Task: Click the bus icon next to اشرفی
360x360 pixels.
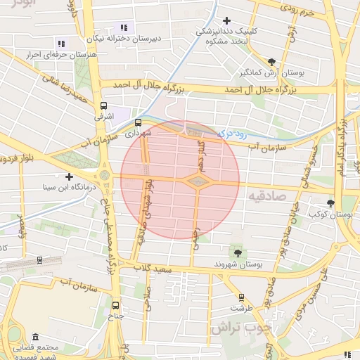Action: click(x=98, y=118)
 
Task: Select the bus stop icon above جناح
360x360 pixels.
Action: click(x=116, y=305)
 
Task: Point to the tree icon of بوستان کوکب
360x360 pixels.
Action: click(x=330, y=203)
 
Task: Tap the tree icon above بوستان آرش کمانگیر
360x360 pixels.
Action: click(x=272, y=63)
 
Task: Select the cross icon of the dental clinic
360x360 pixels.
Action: click(x=226, y=21)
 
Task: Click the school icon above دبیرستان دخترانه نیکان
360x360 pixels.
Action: click(x=126, y=27)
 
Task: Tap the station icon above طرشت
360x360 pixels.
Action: click(x=242, y=297)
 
